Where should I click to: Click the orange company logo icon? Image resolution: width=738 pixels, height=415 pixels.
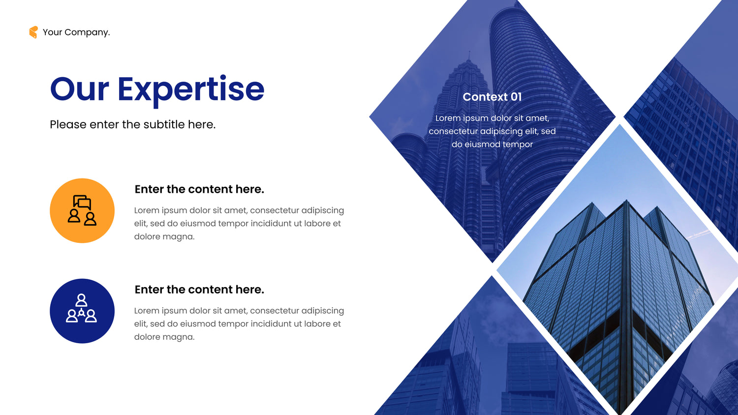tap(33, 32)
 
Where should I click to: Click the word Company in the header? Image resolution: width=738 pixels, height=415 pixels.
tap(87, 32)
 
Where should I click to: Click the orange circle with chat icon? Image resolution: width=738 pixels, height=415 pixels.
tap(82, 211)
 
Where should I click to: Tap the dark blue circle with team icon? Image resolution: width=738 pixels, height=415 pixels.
tap(82, 311)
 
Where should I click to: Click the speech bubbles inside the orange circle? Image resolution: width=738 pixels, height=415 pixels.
tap(82, 202)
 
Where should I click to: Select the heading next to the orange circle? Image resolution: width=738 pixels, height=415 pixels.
tap(199, 189)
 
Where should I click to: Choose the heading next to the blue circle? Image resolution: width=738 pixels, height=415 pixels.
tap(199, 290)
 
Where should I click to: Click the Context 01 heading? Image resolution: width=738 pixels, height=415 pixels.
tap(492, 97)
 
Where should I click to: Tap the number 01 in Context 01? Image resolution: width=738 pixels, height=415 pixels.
tap(516, 97)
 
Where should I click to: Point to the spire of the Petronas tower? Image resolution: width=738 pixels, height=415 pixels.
tap(469, 56)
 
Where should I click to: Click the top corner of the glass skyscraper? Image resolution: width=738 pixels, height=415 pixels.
tap(626, 200)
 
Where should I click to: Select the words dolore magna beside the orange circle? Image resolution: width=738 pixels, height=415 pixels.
tap(164, 237)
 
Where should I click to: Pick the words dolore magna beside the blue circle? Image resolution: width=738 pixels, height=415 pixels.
tap(164, 337)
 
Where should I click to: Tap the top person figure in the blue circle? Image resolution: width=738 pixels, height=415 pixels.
tap(81, 300)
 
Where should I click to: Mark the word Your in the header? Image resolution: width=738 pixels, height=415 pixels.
tap(52, 32)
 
